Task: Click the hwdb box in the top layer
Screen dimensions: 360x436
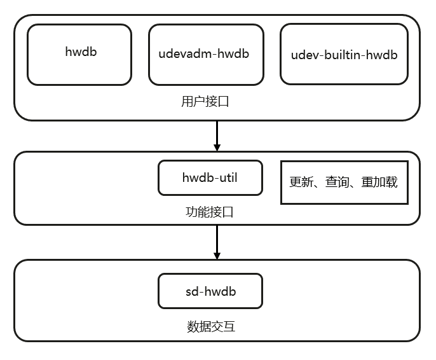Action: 79,54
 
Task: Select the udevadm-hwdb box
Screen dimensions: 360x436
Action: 206,54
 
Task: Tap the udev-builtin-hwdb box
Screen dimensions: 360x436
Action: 344,54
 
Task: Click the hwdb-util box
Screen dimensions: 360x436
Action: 210,177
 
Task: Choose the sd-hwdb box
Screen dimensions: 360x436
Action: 210,291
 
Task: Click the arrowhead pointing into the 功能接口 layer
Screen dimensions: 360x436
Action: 217,147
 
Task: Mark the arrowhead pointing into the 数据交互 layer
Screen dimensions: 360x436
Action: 217,255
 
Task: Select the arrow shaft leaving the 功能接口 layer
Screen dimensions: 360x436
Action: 217,238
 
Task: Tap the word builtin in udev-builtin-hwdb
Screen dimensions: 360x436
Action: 344,55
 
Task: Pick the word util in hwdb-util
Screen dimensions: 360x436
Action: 227,177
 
